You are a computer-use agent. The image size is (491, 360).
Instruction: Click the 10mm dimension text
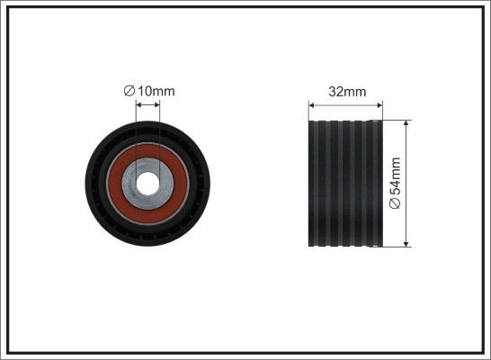click(155, 90)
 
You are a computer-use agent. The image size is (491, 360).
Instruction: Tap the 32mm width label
click(347, 91)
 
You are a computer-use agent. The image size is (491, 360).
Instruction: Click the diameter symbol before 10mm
click(129, 90)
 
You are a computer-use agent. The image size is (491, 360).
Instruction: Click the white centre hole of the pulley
click(147, 179)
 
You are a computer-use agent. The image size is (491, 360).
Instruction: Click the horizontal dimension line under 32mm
click(347, 104)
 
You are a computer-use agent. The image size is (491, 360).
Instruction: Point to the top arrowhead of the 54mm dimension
click(407, 123)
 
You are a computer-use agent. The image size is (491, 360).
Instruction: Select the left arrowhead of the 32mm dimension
click(312, 104)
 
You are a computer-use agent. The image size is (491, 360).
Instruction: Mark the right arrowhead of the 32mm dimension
click(381, 104)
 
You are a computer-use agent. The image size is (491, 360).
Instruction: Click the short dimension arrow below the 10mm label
click(147, 103)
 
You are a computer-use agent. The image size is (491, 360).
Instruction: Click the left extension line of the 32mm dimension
click(308, 110)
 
